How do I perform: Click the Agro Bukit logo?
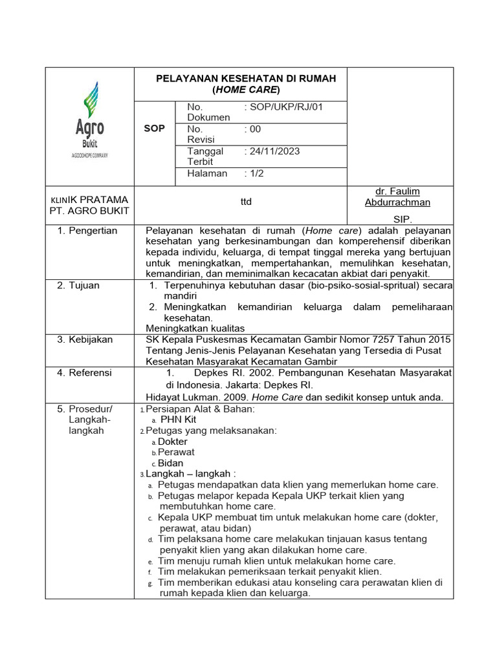click(x=90, y=120)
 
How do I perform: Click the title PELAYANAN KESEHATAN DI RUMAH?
click(x=246, y=78)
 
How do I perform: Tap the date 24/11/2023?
click(x=272, y=151)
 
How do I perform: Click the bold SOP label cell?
click(x=154, y=129)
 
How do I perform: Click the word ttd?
click(x=245, y=202)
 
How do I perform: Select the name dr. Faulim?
click(x=397, y=191)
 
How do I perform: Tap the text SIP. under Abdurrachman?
click(x=403, y=219)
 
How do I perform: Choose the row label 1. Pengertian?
click(x=87, y=231)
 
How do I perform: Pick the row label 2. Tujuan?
click(x=78, y=285)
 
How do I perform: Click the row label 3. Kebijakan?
click(x=84, y=339)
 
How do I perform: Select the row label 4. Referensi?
click(x=84, y=373)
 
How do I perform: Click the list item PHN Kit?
click(x=178, y=420)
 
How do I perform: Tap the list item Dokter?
click(x=173, y=442)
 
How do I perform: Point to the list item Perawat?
click(x=176, y=453)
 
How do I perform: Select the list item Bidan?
click(x=171, y=464)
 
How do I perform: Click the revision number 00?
click(x=255, y=129)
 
